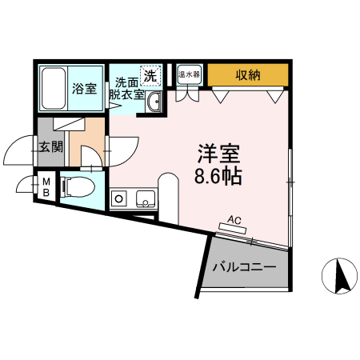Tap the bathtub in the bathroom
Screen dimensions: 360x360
coord(54,88)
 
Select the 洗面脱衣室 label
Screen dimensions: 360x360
coord(127,88)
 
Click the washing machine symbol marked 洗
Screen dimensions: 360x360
coord(150,75)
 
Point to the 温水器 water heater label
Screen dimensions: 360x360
coord(190,75)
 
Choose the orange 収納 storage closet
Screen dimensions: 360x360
coord(247,75)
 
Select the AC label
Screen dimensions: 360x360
coord(235,218)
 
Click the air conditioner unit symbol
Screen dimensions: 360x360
coord(233,228)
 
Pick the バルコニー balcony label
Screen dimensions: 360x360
coord(244,267)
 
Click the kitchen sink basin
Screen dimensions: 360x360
coord(145,198)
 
